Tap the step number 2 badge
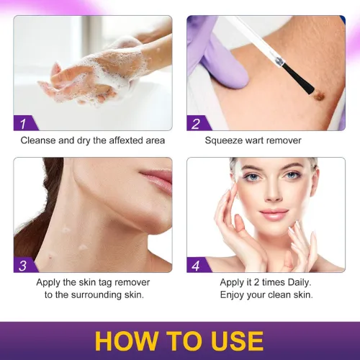click(196, 123)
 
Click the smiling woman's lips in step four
click(273, 214)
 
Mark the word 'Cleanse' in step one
click(38, 140)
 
